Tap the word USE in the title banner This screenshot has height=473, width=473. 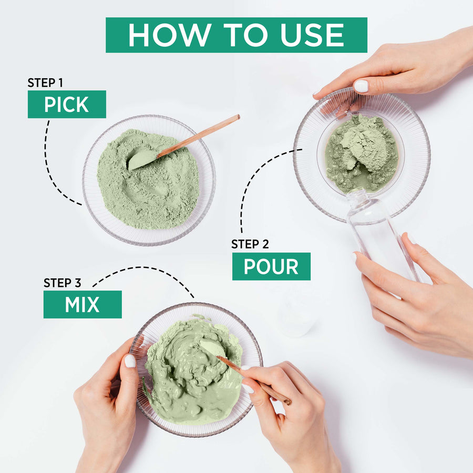pyautogui.click(x=310, y=35)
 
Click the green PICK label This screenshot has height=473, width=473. pyautogui.click(x=67, y=105)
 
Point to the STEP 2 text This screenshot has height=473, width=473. pyautogui.click(x=250, y=244)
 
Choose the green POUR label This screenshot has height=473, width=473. pyautogui.click(x=271, y=266)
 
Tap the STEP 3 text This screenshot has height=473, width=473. pyautogui.click(x=63, y=283)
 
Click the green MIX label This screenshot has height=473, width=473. pyautogui.click(x=82, y=305)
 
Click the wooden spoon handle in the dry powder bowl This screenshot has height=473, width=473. pyautogui.click(x=200, y=136)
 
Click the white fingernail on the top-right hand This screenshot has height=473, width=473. pyautogui.click(x=361, y=86)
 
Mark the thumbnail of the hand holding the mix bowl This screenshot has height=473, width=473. pyautogui.click(x=129, y=361)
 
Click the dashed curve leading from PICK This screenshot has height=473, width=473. pyautogui.click(x=50, y=163)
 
